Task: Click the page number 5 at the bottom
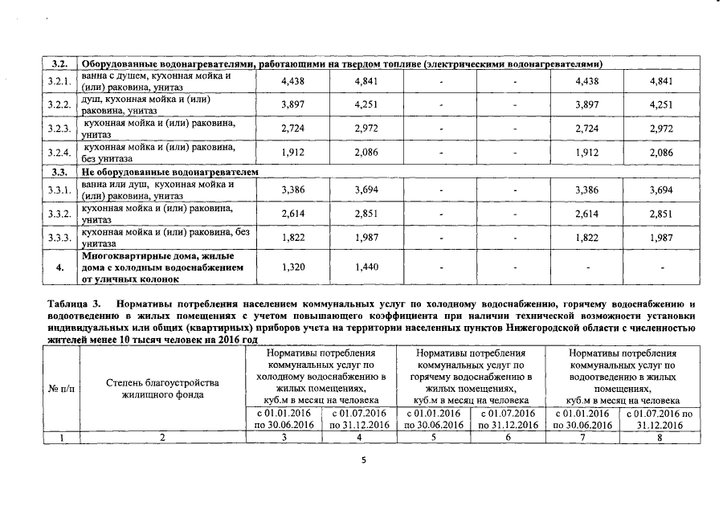[x=363, y=460]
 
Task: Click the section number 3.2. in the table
[x=59, y=63]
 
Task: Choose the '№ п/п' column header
[x=62, y=389]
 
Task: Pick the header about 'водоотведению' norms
[x=623, y=376]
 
